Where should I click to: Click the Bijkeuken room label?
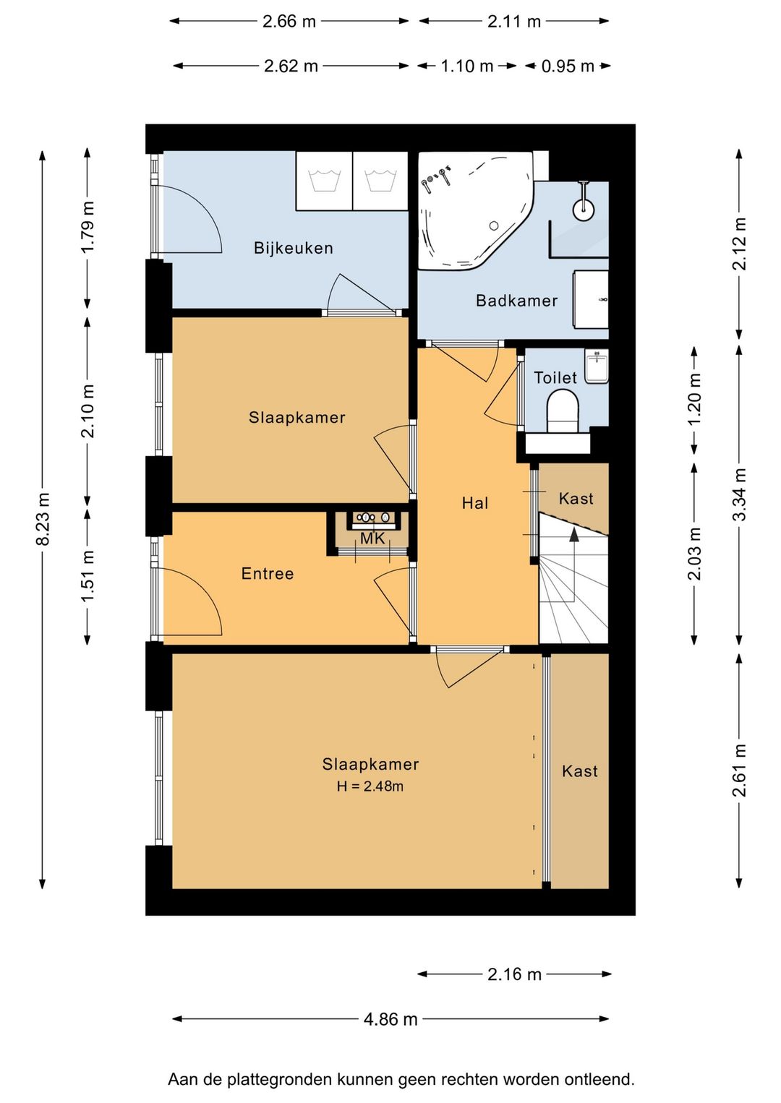pyautogui.click(x=293, y=248)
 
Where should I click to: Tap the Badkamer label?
pyautogui.click(x=516, y=301)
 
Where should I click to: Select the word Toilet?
pyautogui.click(x=555, y=378)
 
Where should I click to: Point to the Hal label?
pyautogui.click(x=475, y=503)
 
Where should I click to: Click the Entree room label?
pyautogui.click(x=268, y=573)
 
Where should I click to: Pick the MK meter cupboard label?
pyautogui.click(x=372, y=538)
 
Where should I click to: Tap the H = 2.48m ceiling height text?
pyautogui.click(x=370, y=786)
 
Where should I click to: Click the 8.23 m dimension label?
pyautogui.click(x=43, y=519)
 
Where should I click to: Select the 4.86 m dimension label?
pyautogui.click(x=390, y=1019)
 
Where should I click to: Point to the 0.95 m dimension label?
pyautogui.click(x=568, y=66)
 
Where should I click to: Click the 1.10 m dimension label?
pyautogui.click(x=466, y=66)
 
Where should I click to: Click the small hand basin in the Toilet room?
pyautogui.click(x=597, y=366)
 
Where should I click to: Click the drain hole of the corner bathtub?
pyautogui.click(x=493, y=226)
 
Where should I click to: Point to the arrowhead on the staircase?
pyautogui.click(x=574, y=534)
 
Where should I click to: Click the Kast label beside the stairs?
pyautogui.click(x=576, y=498)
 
